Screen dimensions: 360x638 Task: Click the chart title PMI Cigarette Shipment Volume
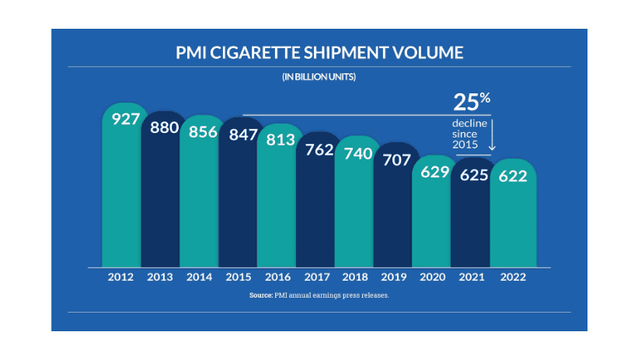(319, 53)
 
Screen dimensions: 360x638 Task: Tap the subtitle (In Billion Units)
(319, 77)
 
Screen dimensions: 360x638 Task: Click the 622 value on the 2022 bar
(513, 175)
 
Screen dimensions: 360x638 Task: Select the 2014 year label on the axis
(200, 277)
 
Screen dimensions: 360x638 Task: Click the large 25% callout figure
(472, 102)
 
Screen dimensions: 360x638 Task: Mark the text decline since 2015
(469, 135)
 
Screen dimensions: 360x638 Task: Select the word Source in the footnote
(260, 296)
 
